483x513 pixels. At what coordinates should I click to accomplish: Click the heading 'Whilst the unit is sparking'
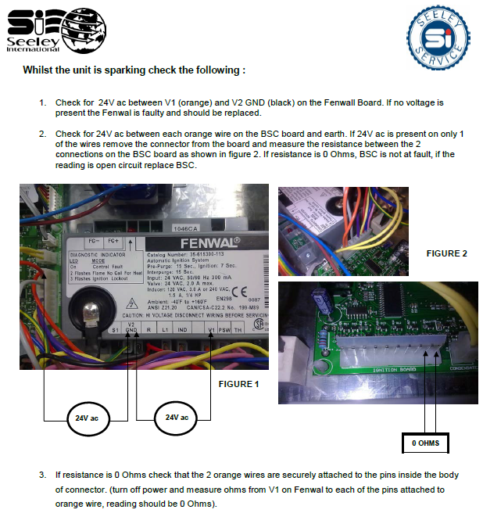point(134,70)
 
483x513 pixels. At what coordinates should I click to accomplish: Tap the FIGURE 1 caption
point(238,384)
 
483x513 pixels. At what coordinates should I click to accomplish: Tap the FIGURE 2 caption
point(447,253)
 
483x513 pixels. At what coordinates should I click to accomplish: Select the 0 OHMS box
point(425,443)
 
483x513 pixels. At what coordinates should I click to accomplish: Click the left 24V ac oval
point(77,418)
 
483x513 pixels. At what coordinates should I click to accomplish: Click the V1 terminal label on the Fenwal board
point(213,331)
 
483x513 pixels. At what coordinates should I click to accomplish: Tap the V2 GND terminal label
point(131,328)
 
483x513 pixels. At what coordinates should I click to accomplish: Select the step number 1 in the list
point(42,102)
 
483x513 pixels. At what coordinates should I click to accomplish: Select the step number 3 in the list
point(42,475)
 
